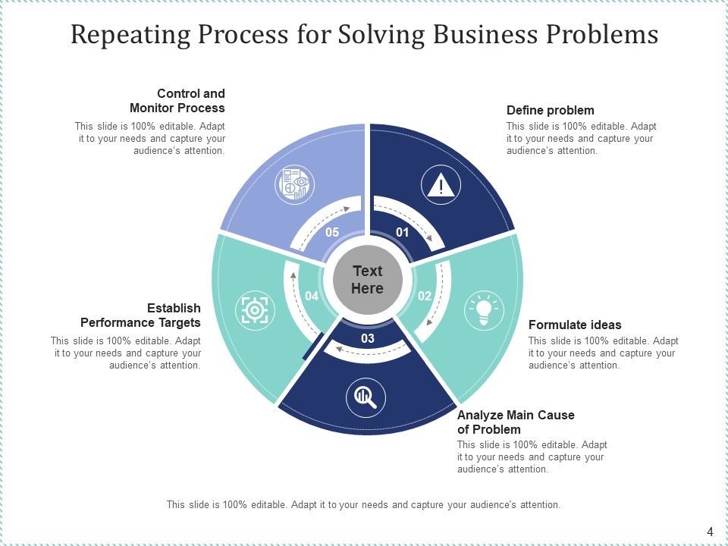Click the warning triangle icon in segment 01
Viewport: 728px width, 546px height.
point(441,185)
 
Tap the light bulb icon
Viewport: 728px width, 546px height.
point(484,311)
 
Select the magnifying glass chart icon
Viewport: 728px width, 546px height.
point(366,396)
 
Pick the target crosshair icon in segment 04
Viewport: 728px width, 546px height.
point(255,309)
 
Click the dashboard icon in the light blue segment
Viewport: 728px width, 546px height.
point(293,184)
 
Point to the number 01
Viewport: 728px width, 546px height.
point(403,232)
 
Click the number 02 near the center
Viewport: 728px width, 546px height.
point(425,296)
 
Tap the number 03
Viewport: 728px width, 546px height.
point(368,338)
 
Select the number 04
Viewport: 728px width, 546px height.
point(311,296)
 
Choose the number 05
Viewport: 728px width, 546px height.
point(332,232)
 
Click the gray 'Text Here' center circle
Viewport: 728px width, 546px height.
point(368,280)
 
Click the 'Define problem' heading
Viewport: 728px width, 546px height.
point(550,110)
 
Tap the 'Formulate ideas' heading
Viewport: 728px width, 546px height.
point(575,325)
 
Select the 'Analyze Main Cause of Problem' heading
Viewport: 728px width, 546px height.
point(516,422)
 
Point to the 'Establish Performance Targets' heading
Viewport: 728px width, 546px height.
point(141,315)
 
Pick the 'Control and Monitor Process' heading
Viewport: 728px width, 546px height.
point(177,101)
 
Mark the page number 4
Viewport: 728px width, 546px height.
point(710,532)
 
